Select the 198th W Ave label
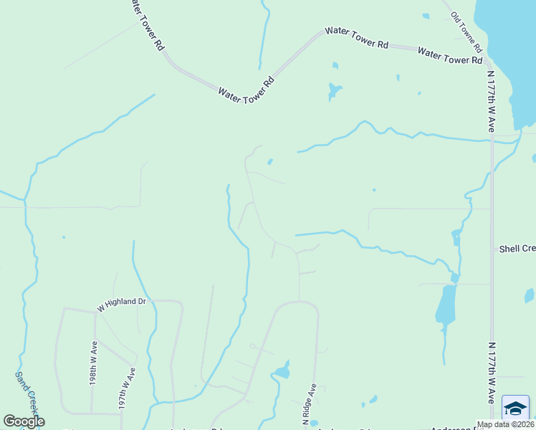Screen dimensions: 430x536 click(x=93, y=363)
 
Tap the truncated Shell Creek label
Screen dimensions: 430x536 click(x=517, y=249)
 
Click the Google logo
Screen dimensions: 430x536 click(x=24, y=421)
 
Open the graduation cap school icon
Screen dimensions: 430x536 click(x=515, y=408)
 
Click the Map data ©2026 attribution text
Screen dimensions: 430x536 click(x=505, y=424)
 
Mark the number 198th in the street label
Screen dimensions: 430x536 click(x=93, y=373)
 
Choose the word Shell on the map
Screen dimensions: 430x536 click(x=509, y=249)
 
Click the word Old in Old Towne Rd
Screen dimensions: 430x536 click(x=455, y=17)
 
